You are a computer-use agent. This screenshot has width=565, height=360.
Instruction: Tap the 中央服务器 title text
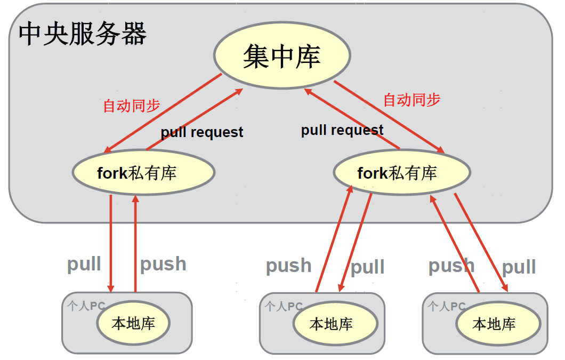(x=83, y=35)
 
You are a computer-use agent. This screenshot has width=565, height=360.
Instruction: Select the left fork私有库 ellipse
(x=143, y=173)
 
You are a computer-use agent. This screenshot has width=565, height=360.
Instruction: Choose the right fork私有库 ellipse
(x=402, y=173)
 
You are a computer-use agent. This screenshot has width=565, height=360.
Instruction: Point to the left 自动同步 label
(x=131, y=106)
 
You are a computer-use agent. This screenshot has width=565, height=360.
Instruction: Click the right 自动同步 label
(x=412, y=100)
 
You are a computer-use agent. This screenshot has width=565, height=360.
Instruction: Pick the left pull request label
(x=202, y=132)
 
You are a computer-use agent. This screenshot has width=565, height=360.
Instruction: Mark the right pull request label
(x=342, y=130)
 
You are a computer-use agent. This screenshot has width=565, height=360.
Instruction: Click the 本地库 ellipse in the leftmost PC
(x=133, y=323)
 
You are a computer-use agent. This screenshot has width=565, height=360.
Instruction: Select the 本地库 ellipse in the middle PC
(x=331, y=324)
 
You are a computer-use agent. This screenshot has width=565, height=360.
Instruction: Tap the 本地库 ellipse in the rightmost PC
(x=494, y=324)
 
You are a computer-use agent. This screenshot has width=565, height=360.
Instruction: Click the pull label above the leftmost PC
(x=84, y=264)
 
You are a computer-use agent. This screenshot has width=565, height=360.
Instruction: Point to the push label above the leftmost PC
(x=163, y=264)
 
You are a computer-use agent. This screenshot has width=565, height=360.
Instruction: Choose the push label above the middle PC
(x=288, y=266)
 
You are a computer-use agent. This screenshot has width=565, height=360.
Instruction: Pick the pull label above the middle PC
(x=367, y=267)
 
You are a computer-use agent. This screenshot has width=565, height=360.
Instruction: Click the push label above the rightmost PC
(x=451, y=266)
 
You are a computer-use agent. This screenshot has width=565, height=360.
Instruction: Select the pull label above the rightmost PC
(x=519, y=267)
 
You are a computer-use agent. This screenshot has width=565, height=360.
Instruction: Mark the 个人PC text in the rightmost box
(x=447, y=307)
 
